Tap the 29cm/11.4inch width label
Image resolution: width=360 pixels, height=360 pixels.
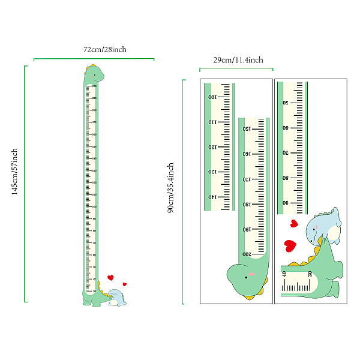(x=238, y=60)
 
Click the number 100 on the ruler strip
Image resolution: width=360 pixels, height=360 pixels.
(x=211, y=97)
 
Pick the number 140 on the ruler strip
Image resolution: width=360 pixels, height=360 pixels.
(x=211, y=197)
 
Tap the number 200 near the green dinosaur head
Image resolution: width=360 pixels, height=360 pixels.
(x=246, y=254)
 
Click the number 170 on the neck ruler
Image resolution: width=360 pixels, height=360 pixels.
(x=245, y=179)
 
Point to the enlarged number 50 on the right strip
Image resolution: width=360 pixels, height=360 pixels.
(x=286, y=102)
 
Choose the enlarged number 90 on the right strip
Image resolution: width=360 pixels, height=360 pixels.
(x=286, y=203)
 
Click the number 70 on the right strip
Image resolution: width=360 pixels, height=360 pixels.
(x=286, y=152)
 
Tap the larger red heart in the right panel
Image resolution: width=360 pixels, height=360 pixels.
(x=290, y=245)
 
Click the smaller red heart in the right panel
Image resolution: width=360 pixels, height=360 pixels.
(x=293, y=224)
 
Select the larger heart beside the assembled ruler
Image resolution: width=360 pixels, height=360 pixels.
(x=110, y=277)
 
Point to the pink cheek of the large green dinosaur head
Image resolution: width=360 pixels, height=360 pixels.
(x=252, y=274)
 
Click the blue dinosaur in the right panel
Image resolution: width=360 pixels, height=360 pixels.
(x=323, y=227)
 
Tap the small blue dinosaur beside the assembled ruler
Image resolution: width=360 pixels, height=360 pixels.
(x=117, y=297)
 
